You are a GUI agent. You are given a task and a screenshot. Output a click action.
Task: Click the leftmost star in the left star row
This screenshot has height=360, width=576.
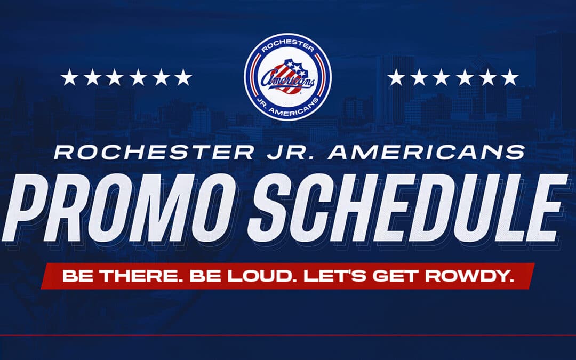(x=69, y=78)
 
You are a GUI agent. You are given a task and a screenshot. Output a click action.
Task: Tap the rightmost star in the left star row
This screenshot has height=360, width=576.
(x=183, y=78)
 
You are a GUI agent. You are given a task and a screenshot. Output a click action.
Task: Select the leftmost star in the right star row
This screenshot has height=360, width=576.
(x=396, y=78)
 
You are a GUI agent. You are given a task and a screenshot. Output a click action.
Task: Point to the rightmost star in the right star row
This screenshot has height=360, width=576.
(x=510, y=78)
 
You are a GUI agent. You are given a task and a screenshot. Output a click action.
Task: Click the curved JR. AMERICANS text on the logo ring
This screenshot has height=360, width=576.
(x=287, y=109)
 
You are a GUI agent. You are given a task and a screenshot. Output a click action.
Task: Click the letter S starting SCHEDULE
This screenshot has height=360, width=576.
(x=281, y=207)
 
